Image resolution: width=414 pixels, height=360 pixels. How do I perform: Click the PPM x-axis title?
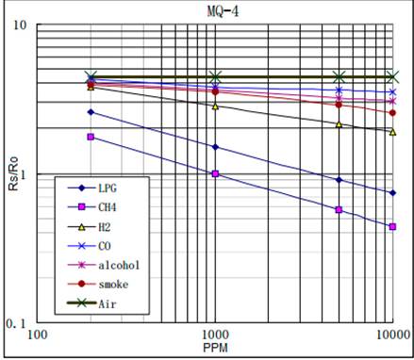tap(214, 348)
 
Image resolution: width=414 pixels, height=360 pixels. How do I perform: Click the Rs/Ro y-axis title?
tap(13, 173)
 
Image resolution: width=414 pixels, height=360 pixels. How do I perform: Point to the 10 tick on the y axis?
tap(18, 25)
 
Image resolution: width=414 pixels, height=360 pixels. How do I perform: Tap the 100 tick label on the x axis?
tap(38, 335)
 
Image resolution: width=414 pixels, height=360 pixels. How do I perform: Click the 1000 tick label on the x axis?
tap(215, 335)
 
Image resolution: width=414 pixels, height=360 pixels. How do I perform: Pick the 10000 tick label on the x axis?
tap(389, 335)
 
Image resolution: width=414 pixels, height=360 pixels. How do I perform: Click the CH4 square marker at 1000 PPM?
tap(215, 174)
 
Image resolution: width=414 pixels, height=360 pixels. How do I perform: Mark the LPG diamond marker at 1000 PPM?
tap(215, 147)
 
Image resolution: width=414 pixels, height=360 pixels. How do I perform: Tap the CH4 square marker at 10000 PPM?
tap(392, 227)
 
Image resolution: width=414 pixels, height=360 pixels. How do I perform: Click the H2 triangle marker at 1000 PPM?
tap(215, 106)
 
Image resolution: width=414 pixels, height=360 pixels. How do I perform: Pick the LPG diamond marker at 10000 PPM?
tap(392, 193)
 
